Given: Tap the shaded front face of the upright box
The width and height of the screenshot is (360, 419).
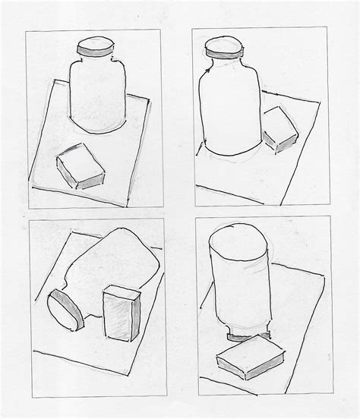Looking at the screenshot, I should [122, 317].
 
